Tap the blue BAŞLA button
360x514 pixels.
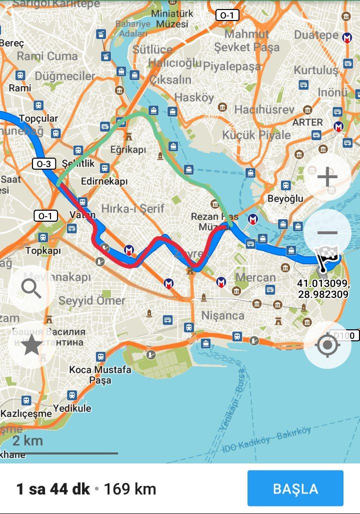[295, 488]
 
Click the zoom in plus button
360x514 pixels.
[327, 177]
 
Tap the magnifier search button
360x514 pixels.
[31, 289]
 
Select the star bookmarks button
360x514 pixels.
[31, 345]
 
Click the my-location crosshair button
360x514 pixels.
[327, 345]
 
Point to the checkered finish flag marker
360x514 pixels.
[330, 256]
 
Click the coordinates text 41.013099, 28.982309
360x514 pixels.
[322, 289]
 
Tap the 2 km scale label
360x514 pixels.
[27, 441]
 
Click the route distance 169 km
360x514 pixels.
[130, 489]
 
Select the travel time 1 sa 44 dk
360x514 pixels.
[53, 489]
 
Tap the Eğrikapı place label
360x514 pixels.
[128, 150]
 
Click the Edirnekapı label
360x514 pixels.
[104, 182]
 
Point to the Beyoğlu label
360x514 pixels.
[285, 198]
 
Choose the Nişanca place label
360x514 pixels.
[222, 316]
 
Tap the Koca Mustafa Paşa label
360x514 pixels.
[100, 375]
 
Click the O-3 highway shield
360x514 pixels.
[44, 163]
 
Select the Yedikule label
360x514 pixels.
[72, 408]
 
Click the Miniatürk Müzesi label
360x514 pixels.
[172, 19]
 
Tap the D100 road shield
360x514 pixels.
[344, 335]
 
